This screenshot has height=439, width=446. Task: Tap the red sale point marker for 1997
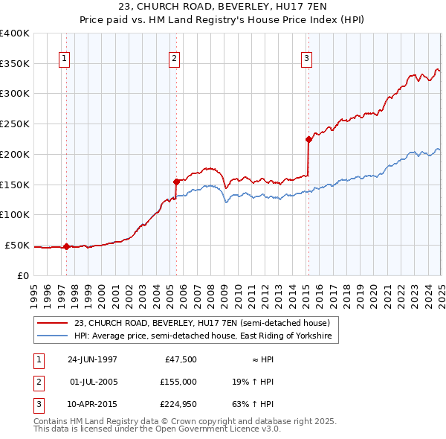[x=66, y=246]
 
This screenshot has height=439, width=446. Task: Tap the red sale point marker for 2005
[x=176, y=181]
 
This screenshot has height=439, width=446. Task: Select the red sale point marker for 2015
[x=308, y=138]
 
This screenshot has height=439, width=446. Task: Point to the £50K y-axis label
[x=17, y=245]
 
